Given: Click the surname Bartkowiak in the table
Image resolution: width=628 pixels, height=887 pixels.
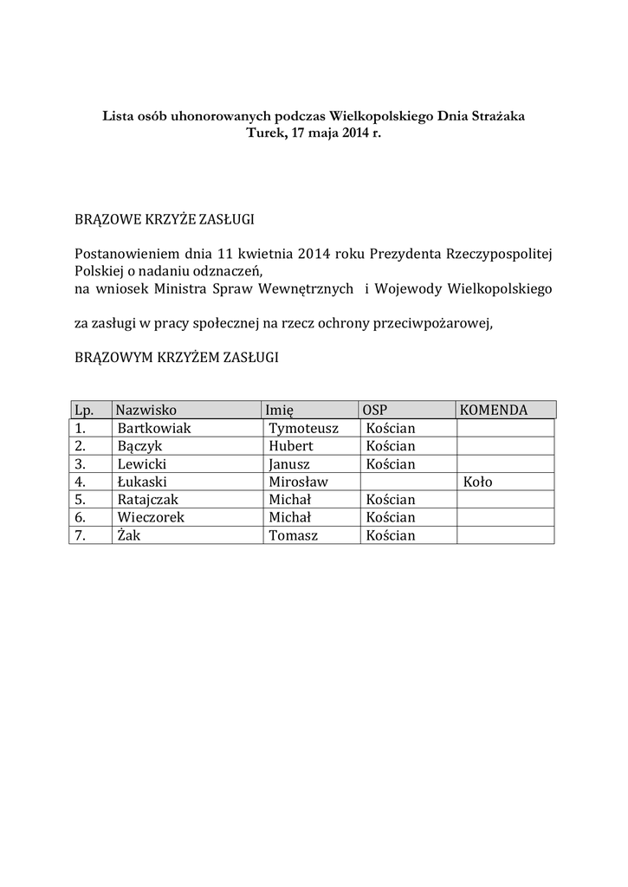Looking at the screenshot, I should click(153, 429).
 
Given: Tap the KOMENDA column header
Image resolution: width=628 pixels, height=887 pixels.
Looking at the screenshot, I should click(494, 410).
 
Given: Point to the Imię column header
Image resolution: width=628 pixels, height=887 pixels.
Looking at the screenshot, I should click(281, 410).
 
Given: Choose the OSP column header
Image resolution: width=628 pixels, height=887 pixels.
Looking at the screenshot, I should click(374, 410).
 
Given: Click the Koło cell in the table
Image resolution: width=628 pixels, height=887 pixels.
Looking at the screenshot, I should click(478, 482).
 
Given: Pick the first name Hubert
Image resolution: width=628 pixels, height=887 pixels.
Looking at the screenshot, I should click(290, 446).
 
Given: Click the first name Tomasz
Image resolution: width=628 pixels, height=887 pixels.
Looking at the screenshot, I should click(293, 535).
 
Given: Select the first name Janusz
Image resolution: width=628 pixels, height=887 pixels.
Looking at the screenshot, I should click(289, 464).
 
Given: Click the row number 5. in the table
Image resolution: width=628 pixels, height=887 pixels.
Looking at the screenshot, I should click(81, 500).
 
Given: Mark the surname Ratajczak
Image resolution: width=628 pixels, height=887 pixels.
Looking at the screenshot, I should click(150, 500).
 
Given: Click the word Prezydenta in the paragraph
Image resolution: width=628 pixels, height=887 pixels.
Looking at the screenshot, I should click(405, 255).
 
